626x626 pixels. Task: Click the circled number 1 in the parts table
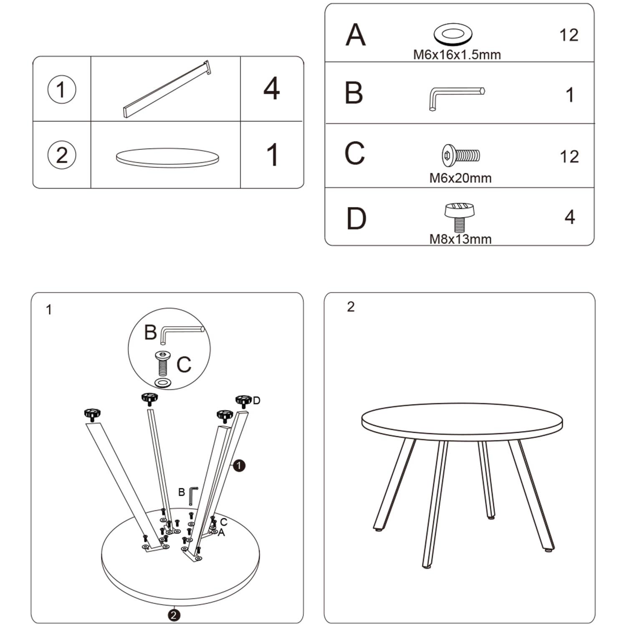tap(62, 89)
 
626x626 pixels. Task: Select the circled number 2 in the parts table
tap(62, 155)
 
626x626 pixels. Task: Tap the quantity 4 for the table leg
tap(272, 88)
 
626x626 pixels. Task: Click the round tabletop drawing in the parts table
tap(167, 158)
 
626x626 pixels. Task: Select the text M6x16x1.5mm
tap(457, 55)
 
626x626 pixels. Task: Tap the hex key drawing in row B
tap(457, 98)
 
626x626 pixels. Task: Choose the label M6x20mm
tap(460, 178)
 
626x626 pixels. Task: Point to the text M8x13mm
tap(460, 239)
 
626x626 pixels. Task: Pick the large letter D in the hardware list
tap(356, 218)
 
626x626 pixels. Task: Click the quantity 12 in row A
tap(569, 35)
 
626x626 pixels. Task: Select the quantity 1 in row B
tap(570, 95)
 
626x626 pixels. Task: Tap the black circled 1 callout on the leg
tap(239, 465)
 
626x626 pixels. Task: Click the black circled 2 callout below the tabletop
tap(174, 615)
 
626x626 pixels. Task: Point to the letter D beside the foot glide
tap(256, 401)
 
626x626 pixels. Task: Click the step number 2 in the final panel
tap(351, 307)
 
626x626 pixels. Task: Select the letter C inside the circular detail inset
tap(184, 364)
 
